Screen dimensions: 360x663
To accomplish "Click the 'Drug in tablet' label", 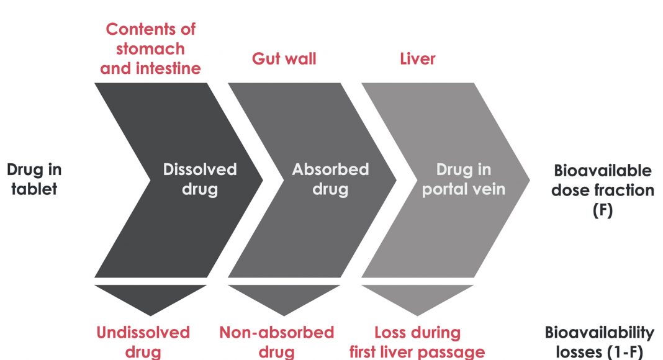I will point(35,179).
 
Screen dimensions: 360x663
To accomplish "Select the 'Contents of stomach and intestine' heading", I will point(150,48).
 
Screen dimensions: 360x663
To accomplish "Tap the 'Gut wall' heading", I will point(284,59).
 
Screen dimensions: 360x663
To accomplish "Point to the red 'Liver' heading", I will point(417,59).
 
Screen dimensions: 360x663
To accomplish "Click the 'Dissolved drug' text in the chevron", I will point(200,179).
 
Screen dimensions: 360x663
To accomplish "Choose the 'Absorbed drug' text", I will point(330,179).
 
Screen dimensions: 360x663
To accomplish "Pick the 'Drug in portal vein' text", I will point(463,179).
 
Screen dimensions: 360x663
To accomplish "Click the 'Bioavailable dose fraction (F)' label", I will point(602,189).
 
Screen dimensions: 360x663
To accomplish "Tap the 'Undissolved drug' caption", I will point(143,342).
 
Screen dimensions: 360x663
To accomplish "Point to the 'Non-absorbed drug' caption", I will point(276,342).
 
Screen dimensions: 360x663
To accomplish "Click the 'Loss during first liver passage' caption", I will point(417,342).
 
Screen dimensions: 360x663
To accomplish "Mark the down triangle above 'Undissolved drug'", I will point(150,297).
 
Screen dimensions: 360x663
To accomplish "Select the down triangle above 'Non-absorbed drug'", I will point(284,297).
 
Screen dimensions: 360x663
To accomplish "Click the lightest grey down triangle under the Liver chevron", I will point(417,297).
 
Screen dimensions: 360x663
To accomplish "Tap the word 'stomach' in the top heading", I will point(150,48).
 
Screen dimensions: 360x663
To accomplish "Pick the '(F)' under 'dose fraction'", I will point(602,210).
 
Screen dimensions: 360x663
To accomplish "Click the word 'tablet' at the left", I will point(35,189).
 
